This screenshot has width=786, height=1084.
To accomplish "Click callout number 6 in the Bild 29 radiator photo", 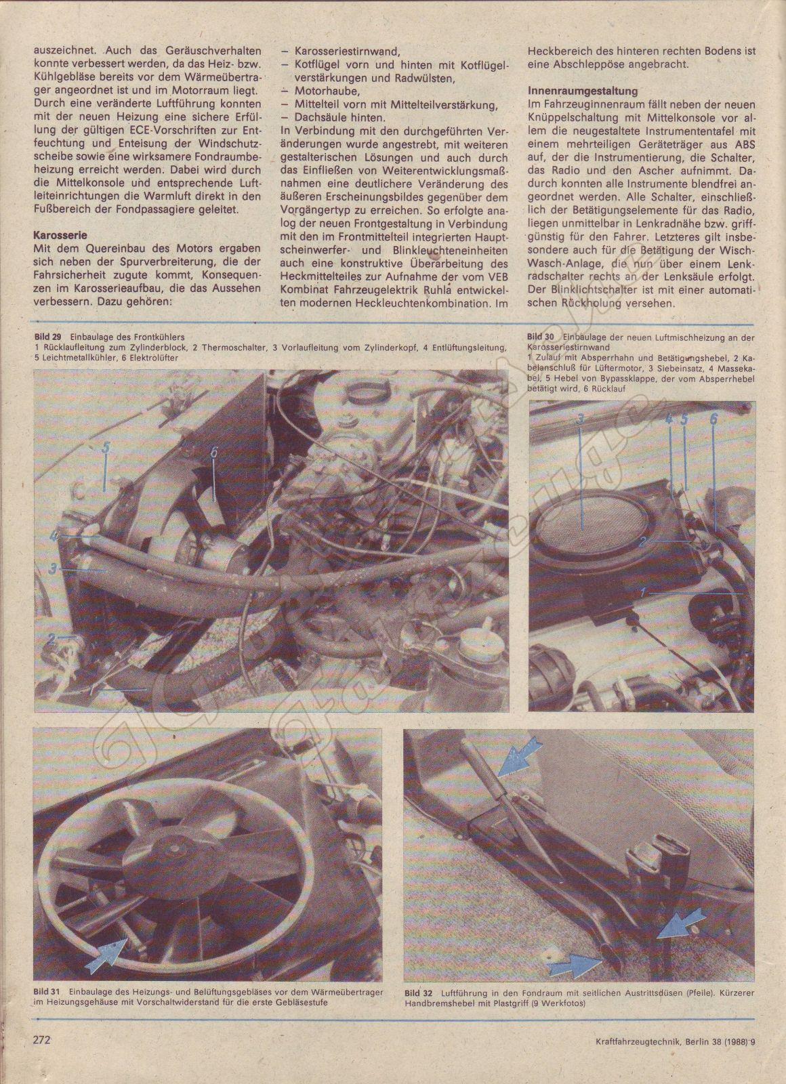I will tap(213, 455).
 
